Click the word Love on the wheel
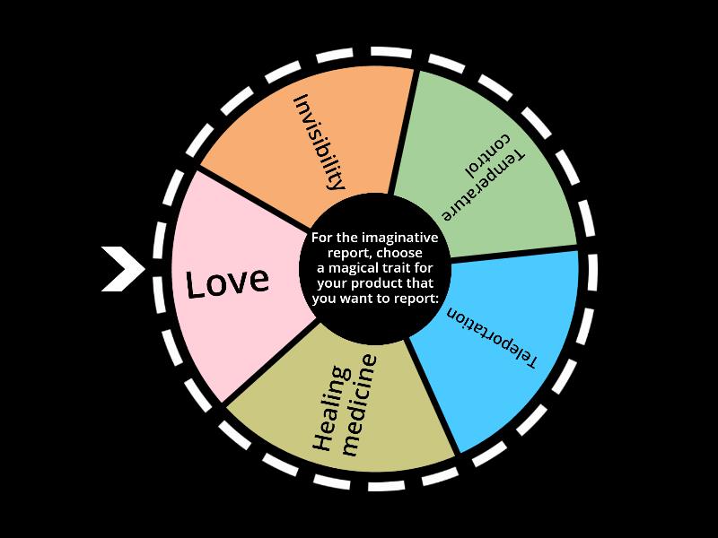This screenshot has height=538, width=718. pyautogui.click(x=227, y=282)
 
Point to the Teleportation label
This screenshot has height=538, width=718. pyautogui.click(x=493, y=340)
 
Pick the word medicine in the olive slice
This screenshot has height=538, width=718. pyautogui.click(x=359, y=403)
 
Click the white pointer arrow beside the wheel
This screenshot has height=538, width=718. pyautogui.click(x=121, y=268)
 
